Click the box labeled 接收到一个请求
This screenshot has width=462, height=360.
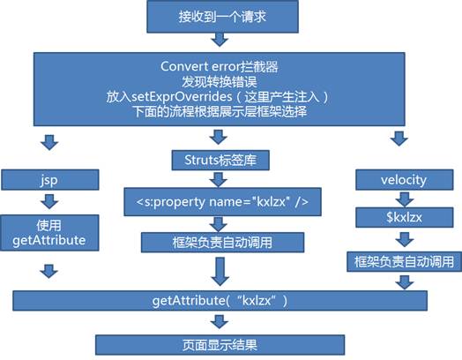[x=229, y=18]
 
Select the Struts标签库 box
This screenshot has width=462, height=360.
[x=219, y=160]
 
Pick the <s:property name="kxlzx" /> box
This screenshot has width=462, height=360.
[x=219, y=200]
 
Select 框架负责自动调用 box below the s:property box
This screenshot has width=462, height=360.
[x=219, y=241]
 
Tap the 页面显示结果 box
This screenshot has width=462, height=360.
[x=219, y=342]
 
